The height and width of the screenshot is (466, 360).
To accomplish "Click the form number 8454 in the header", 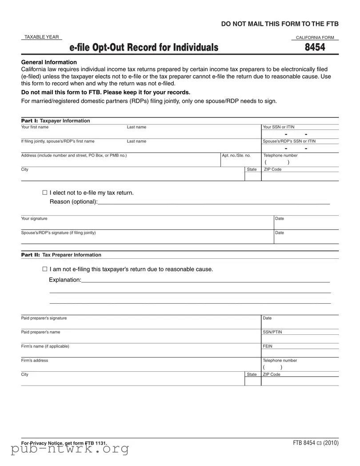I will click(x=315, y=47).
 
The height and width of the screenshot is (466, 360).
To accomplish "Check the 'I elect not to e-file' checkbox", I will click(x=44, y=193).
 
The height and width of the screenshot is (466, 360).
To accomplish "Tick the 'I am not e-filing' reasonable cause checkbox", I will click(x=44, y=269).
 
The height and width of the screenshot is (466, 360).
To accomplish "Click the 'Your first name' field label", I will click(x=35, y=127).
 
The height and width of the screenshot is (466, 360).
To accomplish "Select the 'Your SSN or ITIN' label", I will click(x=279, y=127).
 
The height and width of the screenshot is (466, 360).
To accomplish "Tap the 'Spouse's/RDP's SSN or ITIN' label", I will click(x=289, y=141).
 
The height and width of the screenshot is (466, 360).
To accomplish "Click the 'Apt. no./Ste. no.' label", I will click(x=236, y=156).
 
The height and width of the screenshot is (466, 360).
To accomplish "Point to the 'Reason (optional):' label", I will click(x=73, y=202).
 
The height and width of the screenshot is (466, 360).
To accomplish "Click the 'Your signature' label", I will click(x=34, y=219).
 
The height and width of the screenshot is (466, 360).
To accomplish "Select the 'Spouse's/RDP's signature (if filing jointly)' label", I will click(x=58, y=233).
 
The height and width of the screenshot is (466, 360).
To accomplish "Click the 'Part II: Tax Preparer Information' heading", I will click(x=61, y=255).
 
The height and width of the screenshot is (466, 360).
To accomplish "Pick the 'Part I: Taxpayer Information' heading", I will click(x=56, y=121).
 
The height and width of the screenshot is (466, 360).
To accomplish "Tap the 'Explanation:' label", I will click(x=65, y=280).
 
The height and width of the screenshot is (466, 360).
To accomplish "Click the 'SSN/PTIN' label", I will click(x=272, y=332).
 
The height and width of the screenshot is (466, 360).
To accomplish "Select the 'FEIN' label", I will click(x=268, y=346).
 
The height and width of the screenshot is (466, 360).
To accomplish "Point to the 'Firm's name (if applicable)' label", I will click(x=45, y=346).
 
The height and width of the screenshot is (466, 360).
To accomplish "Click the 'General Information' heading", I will click(x=49, y=62).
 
